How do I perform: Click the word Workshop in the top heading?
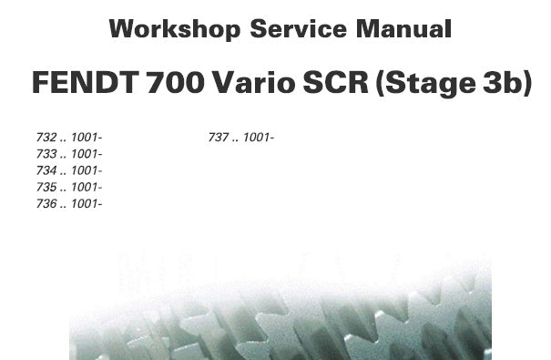[175, 29]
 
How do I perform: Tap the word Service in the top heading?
[299, 29]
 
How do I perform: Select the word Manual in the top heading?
[403, 29]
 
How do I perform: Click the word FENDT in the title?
[85, 82]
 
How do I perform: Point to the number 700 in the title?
[176, 82]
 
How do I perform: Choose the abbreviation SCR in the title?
[335, 82]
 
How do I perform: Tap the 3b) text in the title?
[507, 84]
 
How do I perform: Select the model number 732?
[46, 137]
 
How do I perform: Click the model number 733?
[46, 154]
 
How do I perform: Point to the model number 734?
[46, 170]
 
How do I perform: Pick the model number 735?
[46, 187]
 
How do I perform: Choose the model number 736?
[46, 203]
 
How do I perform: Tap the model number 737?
[219, 137]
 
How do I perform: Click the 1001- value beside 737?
[259, 137]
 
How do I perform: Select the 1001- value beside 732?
[87, 137]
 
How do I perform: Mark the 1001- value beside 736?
[87, 203]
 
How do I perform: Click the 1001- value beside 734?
[87, 170]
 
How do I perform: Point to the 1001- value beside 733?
[87, 154]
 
